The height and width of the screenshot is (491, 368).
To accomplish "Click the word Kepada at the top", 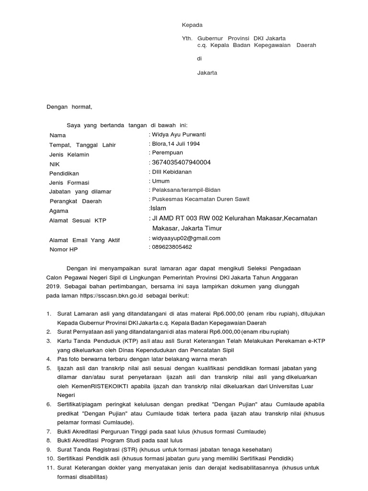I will (192, 25).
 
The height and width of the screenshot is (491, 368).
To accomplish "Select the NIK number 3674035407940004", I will (181, 163).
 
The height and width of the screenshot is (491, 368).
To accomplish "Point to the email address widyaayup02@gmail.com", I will (185, 238).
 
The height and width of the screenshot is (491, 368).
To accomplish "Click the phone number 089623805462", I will (172, 247).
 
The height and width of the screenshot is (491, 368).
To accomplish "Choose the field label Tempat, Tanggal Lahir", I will (82, 145).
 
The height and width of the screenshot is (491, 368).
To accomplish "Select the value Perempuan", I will (167, 152).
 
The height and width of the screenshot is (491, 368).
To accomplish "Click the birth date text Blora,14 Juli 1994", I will (176, 143).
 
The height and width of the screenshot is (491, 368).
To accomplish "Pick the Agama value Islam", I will (158, 209).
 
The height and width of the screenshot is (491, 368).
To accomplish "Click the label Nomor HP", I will (63, 250).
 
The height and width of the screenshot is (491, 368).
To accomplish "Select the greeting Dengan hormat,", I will (69, 107).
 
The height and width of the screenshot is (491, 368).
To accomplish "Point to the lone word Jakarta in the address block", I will (207, 73).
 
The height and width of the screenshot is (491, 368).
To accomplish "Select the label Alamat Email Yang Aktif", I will (84, 240).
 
